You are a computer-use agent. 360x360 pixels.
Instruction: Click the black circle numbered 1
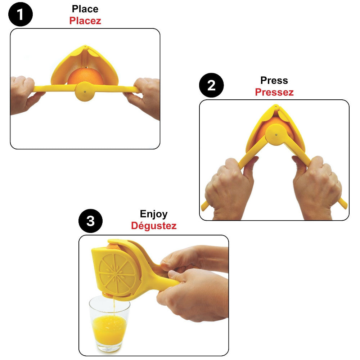click(21, 15)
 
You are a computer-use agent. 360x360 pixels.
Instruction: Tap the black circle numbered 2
click(211, 86)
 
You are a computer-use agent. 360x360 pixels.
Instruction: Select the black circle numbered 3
click(90, 220)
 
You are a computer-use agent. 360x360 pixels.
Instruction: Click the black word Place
click(85, 9)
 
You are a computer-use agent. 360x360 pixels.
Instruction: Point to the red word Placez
click(85, 21)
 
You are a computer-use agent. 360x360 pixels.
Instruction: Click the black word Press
click(274, 80)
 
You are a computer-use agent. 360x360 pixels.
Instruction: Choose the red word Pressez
click(274, 92)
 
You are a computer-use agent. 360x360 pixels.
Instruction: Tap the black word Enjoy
click(154, 214)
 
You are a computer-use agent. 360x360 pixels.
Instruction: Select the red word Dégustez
click(154, 226)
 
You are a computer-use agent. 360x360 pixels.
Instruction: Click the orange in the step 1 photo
click(85, 76)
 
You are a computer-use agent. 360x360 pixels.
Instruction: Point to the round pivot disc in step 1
click(85, 91)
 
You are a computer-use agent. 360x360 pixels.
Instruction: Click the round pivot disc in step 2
click(275, 134)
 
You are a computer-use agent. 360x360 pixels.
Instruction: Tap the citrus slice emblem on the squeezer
click(118, 271)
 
